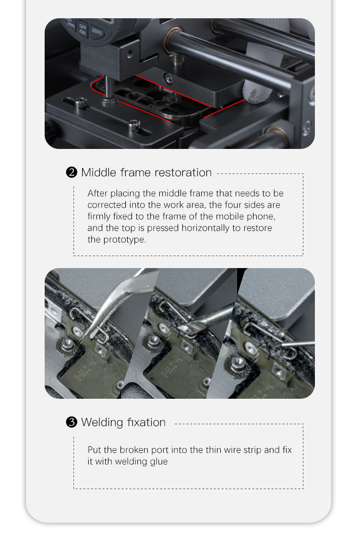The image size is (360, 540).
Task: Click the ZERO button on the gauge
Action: click(x=97, y=32)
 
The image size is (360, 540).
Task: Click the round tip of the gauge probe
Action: click(x=109, y=101)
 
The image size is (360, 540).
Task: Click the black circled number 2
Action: click(x=72, y=172)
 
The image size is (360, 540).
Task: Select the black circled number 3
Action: click(x=72, y=422)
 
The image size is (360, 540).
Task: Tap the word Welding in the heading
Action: click(x=102, y=422)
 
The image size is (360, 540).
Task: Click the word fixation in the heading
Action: click(x=146, y=422)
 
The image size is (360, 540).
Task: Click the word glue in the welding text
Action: click(x=159, y=462)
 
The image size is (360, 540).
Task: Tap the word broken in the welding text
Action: click(x=132, y=450)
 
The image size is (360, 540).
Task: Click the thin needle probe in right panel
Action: click(x=298, y=344)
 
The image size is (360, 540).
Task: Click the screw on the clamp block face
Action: click(x=130, y=54)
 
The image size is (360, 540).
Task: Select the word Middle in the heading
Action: click(x=98, y=172)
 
